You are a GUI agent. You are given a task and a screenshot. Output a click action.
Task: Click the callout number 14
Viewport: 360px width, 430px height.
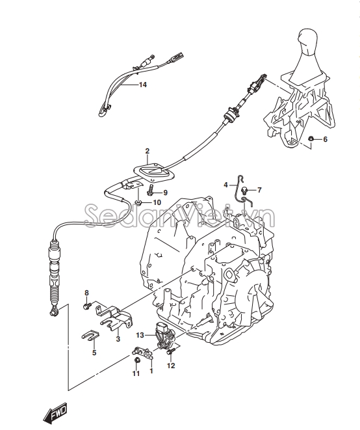[143, 85]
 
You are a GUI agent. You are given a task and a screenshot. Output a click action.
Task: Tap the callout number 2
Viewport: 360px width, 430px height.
[148, 151]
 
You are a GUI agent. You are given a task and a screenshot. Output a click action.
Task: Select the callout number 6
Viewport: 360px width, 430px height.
[325, 139]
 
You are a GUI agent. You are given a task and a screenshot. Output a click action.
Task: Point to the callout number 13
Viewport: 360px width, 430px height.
[140, 335]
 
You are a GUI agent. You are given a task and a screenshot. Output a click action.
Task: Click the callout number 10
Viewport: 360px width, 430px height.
[157, 202]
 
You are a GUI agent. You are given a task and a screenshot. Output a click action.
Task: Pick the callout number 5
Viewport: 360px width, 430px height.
[94, 353]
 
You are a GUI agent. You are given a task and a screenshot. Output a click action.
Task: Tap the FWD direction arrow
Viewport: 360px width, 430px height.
[55, 412]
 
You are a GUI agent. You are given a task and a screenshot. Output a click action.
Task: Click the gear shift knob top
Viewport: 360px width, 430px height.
[307, 36]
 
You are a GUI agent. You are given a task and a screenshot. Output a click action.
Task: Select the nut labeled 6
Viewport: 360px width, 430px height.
[311, 139]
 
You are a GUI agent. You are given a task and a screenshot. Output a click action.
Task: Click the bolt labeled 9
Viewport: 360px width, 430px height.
[150, 191]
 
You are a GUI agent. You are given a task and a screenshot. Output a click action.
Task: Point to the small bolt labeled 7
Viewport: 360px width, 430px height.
[245, 190]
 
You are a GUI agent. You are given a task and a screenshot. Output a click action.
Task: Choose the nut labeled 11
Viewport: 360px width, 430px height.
[136, 360]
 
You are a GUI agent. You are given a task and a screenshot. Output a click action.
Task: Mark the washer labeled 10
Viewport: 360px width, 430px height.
[138, 203]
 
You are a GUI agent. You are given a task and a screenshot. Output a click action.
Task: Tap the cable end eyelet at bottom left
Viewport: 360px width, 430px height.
[53, 312]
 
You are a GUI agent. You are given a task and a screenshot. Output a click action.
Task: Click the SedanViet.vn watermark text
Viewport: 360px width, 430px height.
[180, 215]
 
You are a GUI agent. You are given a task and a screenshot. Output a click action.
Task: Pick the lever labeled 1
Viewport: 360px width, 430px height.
[143, 353]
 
